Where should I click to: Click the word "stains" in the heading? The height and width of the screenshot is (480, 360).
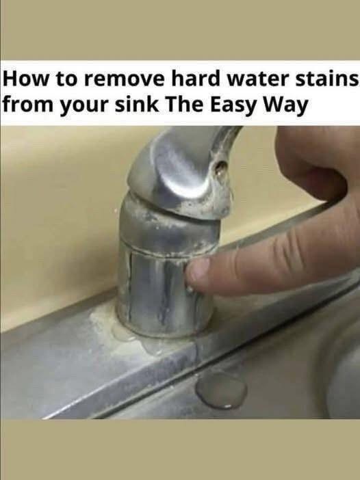[327, 79]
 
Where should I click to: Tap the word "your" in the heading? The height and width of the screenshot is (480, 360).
[82, 107]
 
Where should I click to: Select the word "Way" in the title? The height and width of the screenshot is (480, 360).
[286, 106]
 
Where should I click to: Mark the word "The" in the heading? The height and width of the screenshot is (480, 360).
[184, 105]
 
